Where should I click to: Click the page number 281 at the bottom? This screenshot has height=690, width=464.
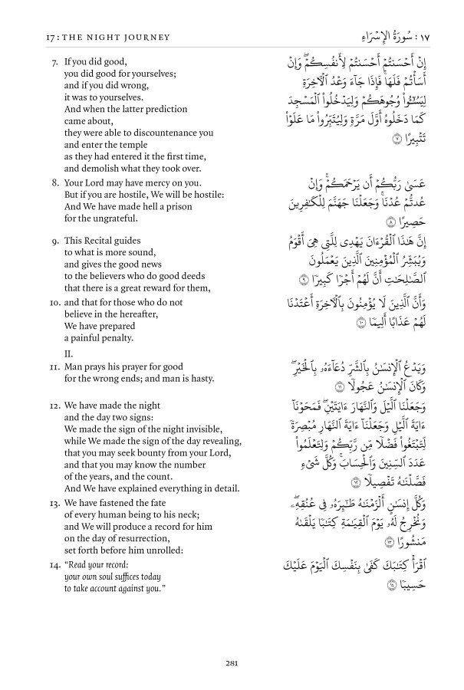click(x=232, y=664)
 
